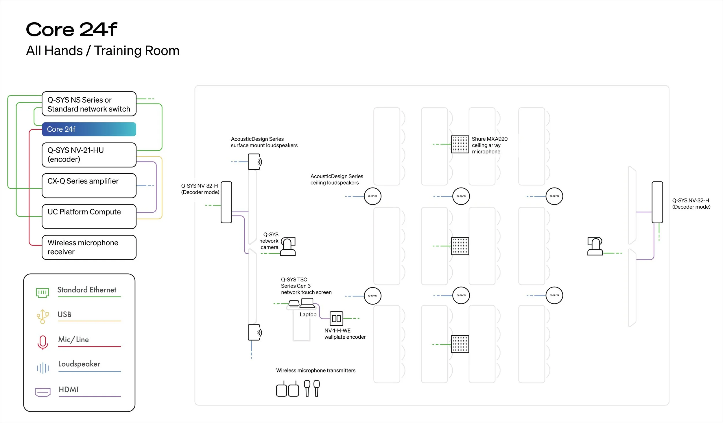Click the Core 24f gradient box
click(89, 129)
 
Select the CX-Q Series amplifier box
click(89, 185)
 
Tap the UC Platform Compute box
click(89, 216)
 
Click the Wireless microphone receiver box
click(89, 247)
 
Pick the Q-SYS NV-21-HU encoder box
click(89, 155)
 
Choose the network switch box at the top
click(89, 104)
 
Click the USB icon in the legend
click(43, 316)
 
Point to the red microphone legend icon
click(43, 342)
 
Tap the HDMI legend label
click(69, 389)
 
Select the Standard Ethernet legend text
click(87, 290)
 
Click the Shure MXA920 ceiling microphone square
click(460, 144)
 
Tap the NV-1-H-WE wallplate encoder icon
click(336, 318)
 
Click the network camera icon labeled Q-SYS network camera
click(288, 246)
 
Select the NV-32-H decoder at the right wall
click(657, 202)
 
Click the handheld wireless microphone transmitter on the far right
click(317, 388)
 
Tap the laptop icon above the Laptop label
click(307, 303)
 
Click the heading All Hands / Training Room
click(103, 51)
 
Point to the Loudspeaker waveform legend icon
click(43, 368)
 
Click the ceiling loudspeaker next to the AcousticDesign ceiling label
click(372, 196)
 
